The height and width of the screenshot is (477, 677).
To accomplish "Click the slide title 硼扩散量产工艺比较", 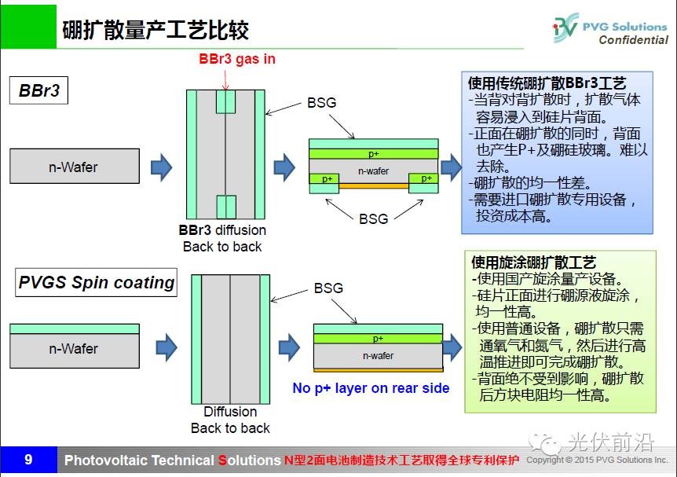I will pyautogui.click(x=156, y=30).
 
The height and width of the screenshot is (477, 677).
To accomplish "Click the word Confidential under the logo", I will pyautogui.click(x=633, y=40).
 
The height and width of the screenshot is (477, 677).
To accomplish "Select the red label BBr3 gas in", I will pyautogui.click(x=236, y=59).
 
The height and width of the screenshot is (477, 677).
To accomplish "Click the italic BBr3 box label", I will pyautogui.click(x=39, y=90).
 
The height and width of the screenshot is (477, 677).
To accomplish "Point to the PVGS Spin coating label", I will pyautogui.click(x=96, y=282).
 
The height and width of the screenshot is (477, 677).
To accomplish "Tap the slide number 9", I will pyautogui.click(x=28, y=460).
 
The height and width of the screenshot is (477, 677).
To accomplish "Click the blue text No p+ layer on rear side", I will pyautogui.click(x=371, y=388).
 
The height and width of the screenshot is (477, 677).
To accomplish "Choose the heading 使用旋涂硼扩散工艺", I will pyautogui.click(x=534, y=262).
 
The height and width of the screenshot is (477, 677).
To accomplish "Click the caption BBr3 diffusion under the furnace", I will pyautogui.click(x=222, y=230).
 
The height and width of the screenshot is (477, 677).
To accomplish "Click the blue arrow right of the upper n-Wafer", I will pyautogui.click(x=161, y=166).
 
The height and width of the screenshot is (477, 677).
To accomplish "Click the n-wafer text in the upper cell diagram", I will pyautogui.click(x=374, y=170).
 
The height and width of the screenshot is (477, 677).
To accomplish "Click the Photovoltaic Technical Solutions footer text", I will pyautogui.click(x=172, y=460).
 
